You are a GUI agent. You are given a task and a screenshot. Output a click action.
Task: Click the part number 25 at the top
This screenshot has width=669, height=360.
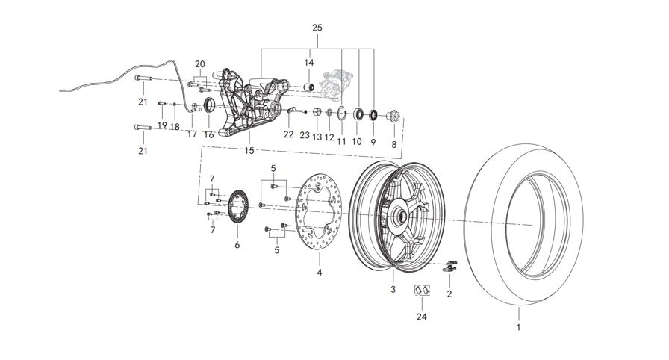(317, 28)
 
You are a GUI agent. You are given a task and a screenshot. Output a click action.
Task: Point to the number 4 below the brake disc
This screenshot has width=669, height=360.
(320, 273)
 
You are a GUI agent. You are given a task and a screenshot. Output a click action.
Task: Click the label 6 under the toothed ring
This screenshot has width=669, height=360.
(237, 244)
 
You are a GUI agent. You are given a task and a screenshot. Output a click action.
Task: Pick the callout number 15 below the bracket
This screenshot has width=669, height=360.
(249, 150)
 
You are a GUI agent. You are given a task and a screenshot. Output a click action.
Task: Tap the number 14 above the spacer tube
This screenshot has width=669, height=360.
(308, 63)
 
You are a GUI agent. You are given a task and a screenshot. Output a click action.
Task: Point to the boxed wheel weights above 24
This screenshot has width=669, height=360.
(422, 290)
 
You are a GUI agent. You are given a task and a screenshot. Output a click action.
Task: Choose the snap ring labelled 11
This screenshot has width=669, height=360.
(341, 114)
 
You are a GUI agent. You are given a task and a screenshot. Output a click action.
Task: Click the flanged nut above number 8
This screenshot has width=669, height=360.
(393, 117)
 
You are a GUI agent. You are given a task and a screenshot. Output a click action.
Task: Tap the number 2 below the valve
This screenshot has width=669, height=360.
(449, 294)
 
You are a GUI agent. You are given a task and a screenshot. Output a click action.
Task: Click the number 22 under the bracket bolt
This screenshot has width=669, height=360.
(288, 134)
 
